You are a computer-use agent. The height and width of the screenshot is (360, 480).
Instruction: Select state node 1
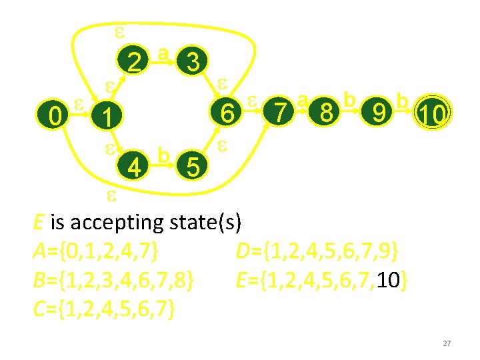(105, 118)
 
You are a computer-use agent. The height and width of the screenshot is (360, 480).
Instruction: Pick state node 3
(193, 63)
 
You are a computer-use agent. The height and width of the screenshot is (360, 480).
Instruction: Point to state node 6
(228, 114)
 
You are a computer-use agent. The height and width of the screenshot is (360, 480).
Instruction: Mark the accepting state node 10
(431, 113)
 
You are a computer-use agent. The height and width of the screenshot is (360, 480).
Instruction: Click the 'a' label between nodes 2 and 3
(163, 52)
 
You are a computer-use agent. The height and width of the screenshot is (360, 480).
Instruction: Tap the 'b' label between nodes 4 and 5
(163, 153)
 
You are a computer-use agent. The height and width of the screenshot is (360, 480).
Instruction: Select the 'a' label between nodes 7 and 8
(303, 100)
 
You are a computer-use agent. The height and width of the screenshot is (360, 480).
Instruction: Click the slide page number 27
(447, 343)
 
